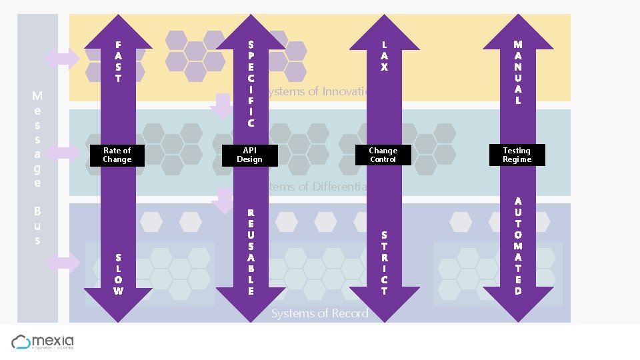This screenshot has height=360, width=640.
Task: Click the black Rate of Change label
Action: click(117, 155)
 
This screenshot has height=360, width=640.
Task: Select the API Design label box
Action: click(250, 155)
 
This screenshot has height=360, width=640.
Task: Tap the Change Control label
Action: click(383, 155)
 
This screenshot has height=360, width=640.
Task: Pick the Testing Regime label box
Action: click(517, 155)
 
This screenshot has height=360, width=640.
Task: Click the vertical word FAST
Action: click(118, 61)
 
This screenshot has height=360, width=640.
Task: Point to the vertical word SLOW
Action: click(118, 274)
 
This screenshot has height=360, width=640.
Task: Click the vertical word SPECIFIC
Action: click(251, 83)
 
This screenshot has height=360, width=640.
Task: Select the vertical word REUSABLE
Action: click(251, 252)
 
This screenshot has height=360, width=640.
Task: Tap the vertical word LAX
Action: click(384, 56)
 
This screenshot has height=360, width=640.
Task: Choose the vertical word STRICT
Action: click(384, 263)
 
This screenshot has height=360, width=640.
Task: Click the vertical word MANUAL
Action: click(518, 72)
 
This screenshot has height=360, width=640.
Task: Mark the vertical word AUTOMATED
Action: click(518, 245)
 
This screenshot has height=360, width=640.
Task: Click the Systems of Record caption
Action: click(319, 313)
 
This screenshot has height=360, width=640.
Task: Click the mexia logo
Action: click(43, 342)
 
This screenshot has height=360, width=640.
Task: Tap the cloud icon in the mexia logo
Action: click(21, 342)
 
